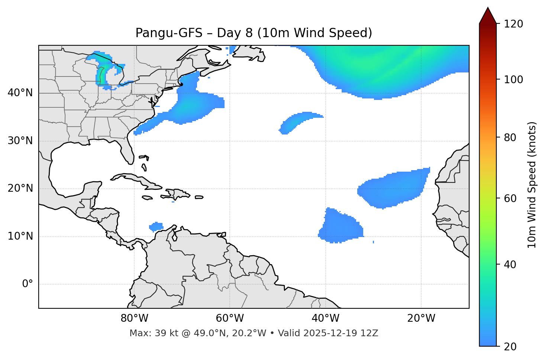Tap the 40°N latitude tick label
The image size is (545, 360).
(x=20, y=93)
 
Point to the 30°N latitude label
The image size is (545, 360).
(x=20, y=141)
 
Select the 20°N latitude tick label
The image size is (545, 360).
(x=20, y=188)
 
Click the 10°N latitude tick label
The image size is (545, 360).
(x=20, y=236)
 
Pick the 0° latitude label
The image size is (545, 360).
(x=28, y=284)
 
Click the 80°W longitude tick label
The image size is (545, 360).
(x=134, y=318)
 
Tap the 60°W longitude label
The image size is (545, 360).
(x=230, y=318)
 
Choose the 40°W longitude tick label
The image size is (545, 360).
(x=325, y=318)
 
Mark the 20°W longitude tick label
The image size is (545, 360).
(x=421, y=318)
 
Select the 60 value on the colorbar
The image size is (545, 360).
(x=510, y=198)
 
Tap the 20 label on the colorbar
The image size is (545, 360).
(x=510, y=347)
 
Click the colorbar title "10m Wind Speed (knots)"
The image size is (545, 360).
(x=532, y=185)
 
